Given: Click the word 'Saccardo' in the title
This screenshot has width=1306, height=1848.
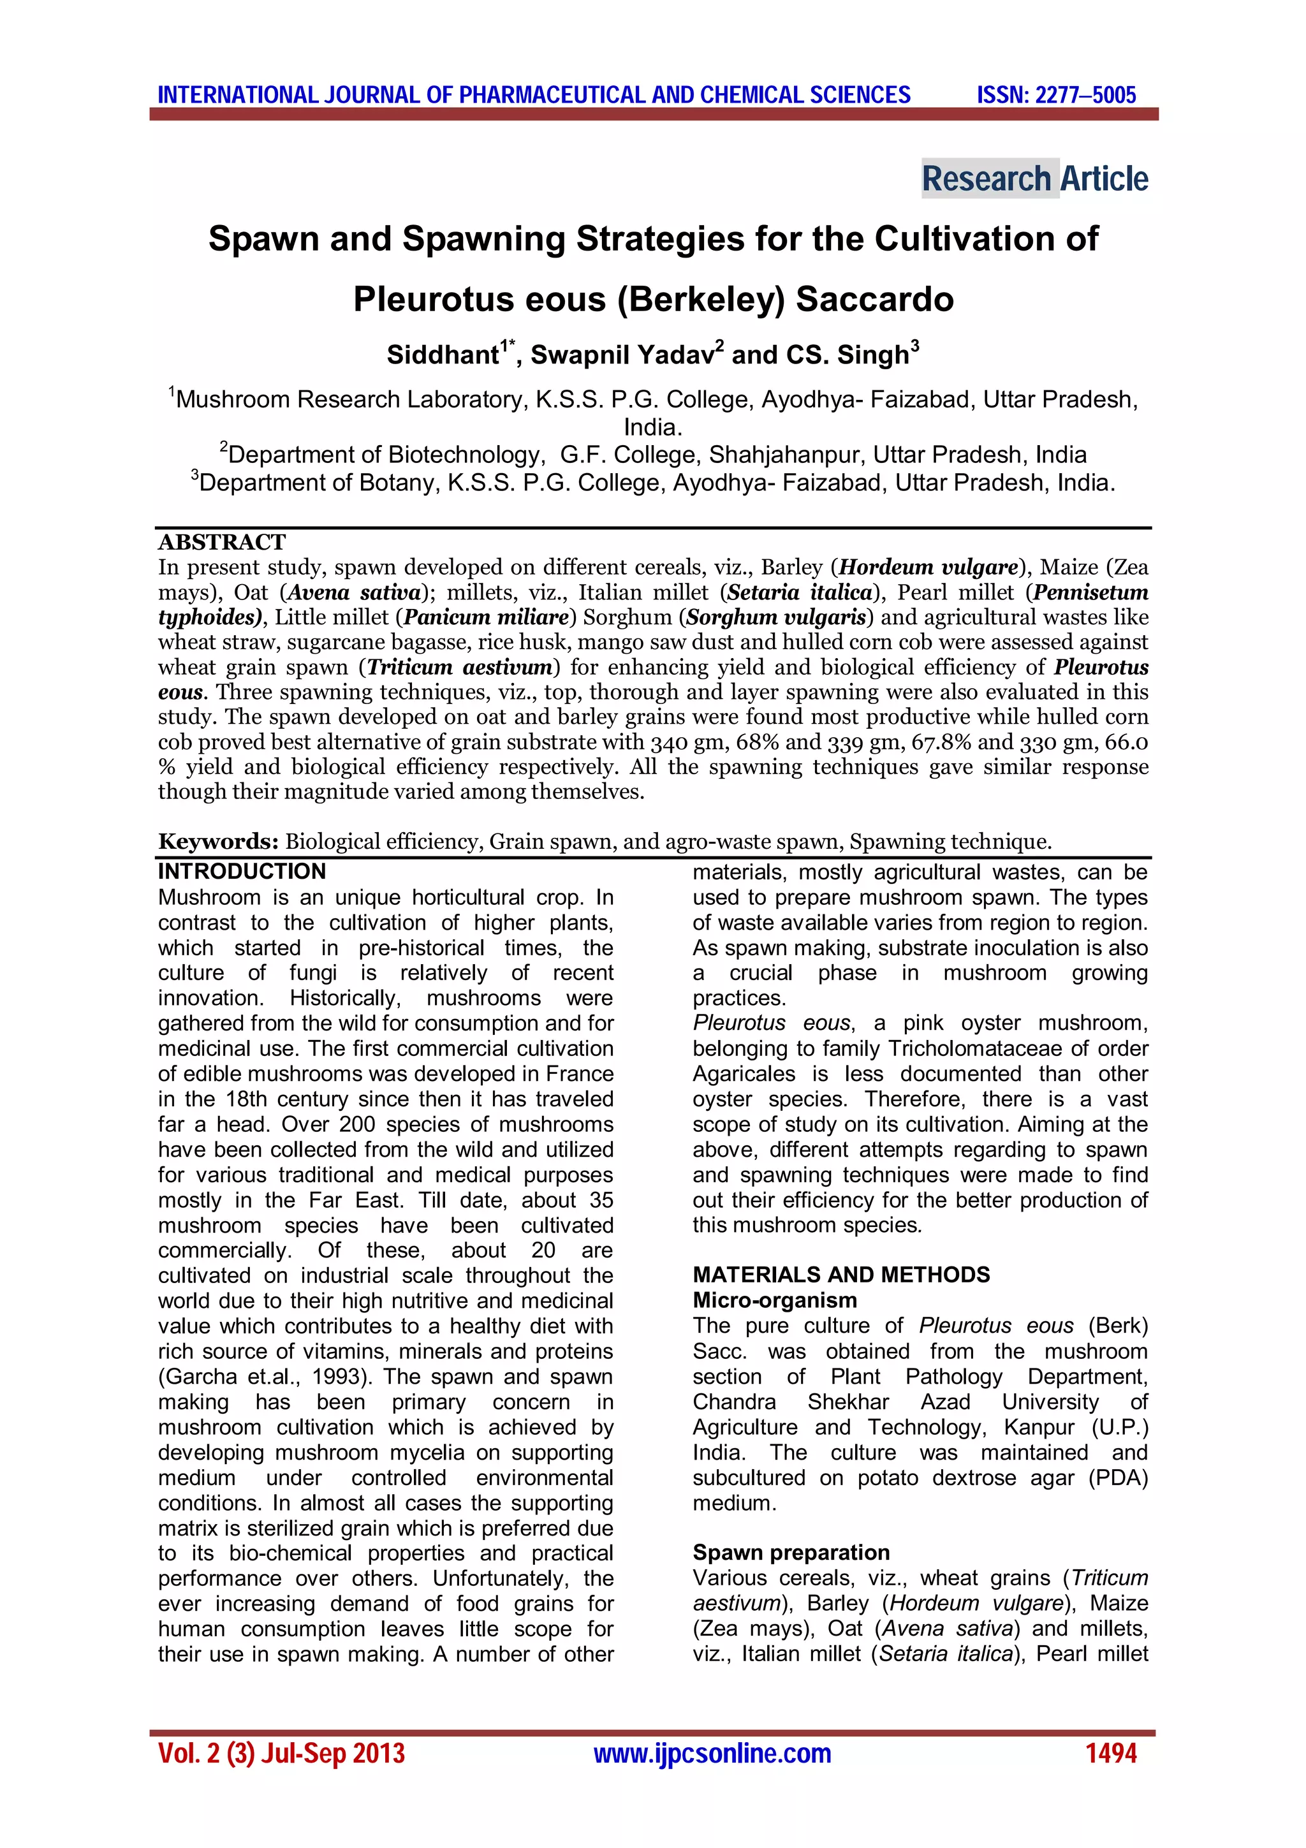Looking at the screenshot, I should pos(874,300).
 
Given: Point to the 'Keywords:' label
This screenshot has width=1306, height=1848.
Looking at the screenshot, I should pos(218,842).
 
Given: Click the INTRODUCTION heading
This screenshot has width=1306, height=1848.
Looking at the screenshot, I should pos(242,872).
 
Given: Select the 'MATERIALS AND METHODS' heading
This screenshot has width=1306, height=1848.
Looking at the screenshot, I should pos(841,1275).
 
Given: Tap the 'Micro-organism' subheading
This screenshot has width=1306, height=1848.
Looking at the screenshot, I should pos(774,1301).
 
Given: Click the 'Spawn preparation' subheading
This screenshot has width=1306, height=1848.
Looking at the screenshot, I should pos(790,1553).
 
